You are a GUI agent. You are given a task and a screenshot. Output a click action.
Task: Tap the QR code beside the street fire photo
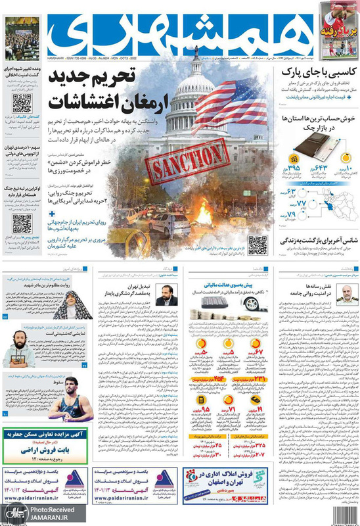pyautogui.click(x=258, y=243)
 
